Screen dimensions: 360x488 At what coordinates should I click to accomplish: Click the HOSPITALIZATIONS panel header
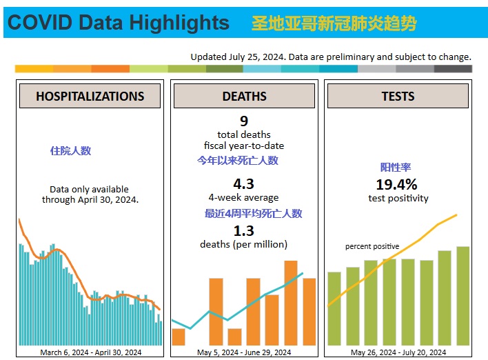click(x=90, y=97)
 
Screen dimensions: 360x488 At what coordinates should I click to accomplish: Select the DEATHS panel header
click(x=244, y=97)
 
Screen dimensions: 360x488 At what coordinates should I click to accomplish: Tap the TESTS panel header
click(x=398, y=97)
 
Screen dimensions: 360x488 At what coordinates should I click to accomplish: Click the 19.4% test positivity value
click(x=396, y=185)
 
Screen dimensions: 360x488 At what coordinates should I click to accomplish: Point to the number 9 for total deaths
click(x=244, y=121)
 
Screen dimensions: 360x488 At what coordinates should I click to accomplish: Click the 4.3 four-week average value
click(x=244, y=184)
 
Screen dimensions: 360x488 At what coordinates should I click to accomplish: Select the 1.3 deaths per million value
click(x=244, y=230)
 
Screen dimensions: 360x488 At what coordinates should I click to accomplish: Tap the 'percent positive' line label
click(x=372, y=246)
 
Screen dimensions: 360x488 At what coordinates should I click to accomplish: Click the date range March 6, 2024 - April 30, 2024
click(x=90, y=352)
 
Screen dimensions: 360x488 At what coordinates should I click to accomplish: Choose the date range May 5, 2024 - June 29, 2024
click(x=244, y=352)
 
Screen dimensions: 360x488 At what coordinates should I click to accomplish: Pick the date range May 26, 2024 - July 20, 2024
click(x=398, y=352)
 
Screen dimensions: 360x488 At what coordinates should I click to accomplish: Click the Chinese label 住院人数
click(x=71, y=150)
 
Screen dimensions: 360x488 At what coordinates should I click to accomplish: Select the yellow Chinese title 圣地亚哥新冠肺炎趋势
click(x=334, y=23)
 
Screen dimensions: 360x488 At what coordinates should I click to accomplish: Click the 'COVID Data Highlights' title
click(x=117, y=23)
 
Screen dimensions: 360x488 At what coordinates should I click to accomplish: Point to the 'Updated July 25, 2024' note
click(x=331, y=57)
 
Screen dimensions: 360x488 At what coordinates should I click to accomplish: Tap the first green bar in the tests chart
click(x=334, y=308)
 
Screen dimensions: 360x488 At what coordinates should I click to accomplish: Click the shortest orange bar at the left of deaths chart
click(x=179, y=337)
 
